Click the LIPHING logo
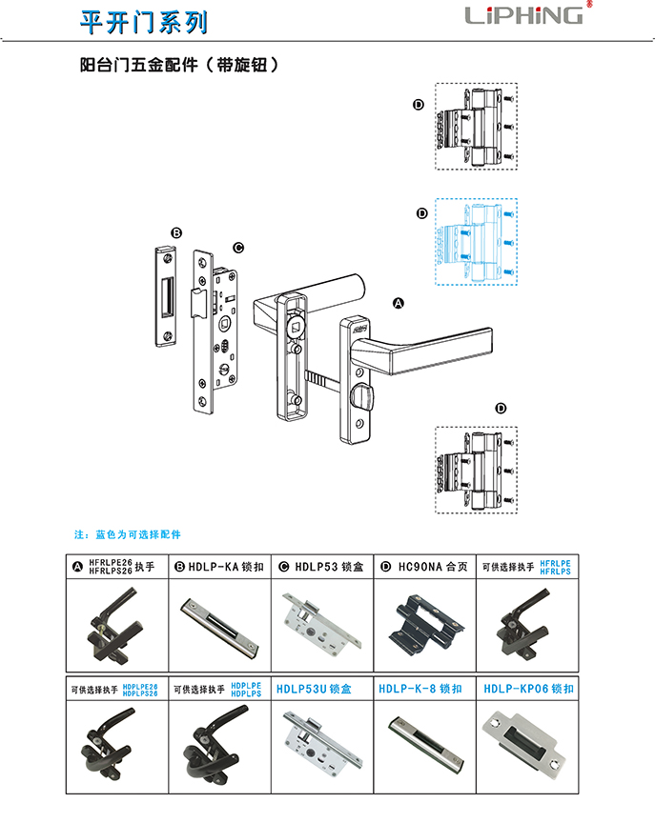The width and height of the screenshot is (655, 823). click(x=523, y=15)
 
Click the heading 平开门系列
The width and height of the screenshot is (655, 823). click(x=142, y=20)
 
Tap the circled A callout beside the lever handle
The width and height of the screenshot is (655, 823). click(x=399, y=303)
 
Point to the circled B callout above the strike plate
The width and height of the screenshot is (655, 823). click(x=176, y=233)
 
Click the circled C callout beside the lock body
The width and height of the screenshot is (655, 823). click(x=238, y=248)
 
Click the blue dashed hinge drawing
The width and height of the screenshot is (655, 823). click(x=476, y=242)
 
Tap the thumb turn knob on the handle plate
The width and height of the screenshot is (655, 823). click(x=361, y=394)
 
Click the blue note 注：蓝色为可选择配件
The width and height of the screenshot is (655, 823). click(x=127, y=534)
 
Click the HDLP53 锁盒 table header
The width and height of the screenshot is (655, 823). click(x=323, y=567)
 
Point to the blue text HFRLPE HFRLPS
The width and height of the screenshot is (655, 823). click(x=555, y=567)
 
